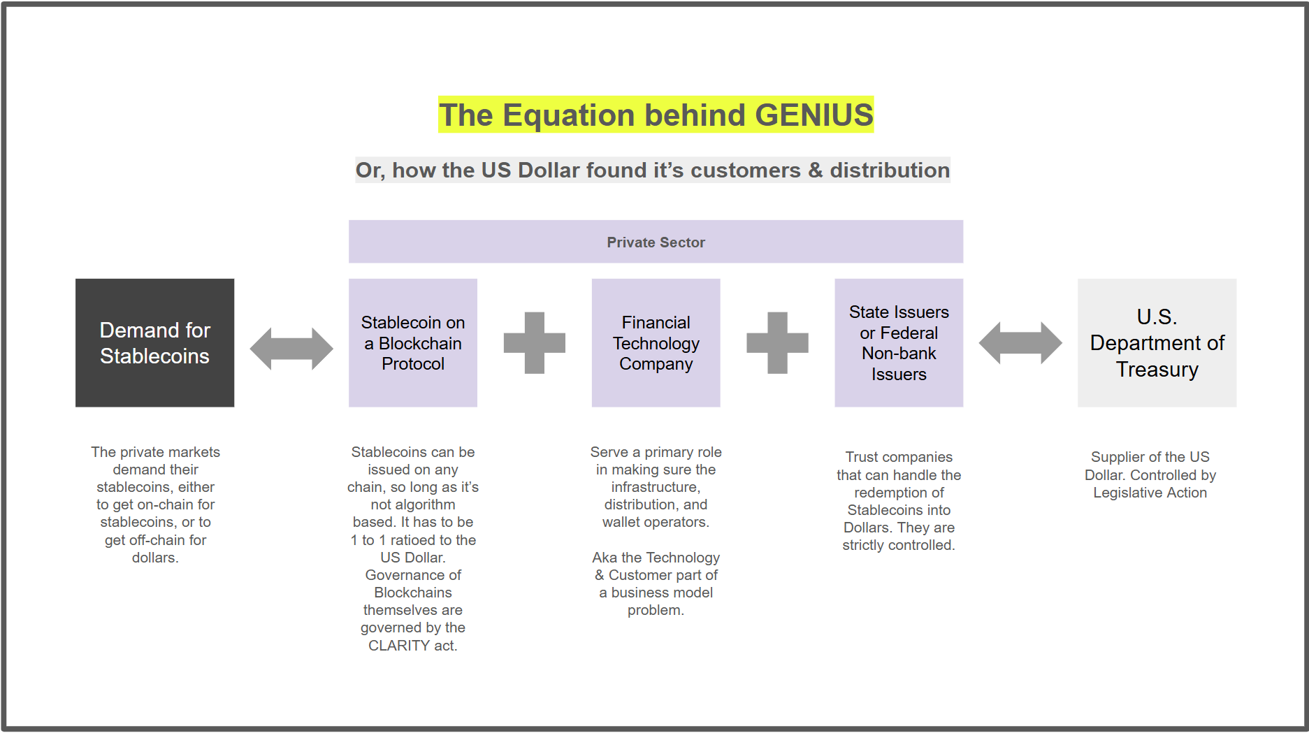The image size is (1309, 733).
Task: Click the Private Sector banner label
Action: pos(656,242)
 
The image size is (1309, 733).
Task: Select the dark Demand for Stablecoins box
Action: pos(154,342)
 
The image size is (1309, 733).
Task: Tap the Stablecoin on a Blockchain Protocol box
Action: pos(412,342)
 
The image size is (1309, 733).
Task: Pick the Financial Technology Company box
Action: pos(656,342)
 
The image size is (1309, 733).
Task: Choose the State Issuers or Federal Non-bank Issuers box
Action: pos(898,342)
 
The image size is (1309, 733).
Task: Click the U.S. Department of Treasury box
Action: pos(1157,342)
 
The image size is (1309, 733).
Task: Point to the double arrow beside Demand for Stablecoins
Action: pos(291,349)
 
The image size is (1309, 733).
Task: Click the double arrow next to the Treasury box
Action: pos(1020,343)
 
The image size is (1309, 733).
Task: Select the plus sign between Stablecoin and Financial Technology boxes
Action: pos(535,342)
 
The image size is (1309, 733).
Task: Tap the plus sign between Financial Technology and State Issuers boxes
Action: pos(777,342)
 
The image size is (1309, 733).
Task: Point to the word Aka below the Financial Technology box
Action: pos(605,558)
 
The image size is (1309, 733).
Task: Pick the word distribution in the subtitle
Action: pos(889,170)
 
